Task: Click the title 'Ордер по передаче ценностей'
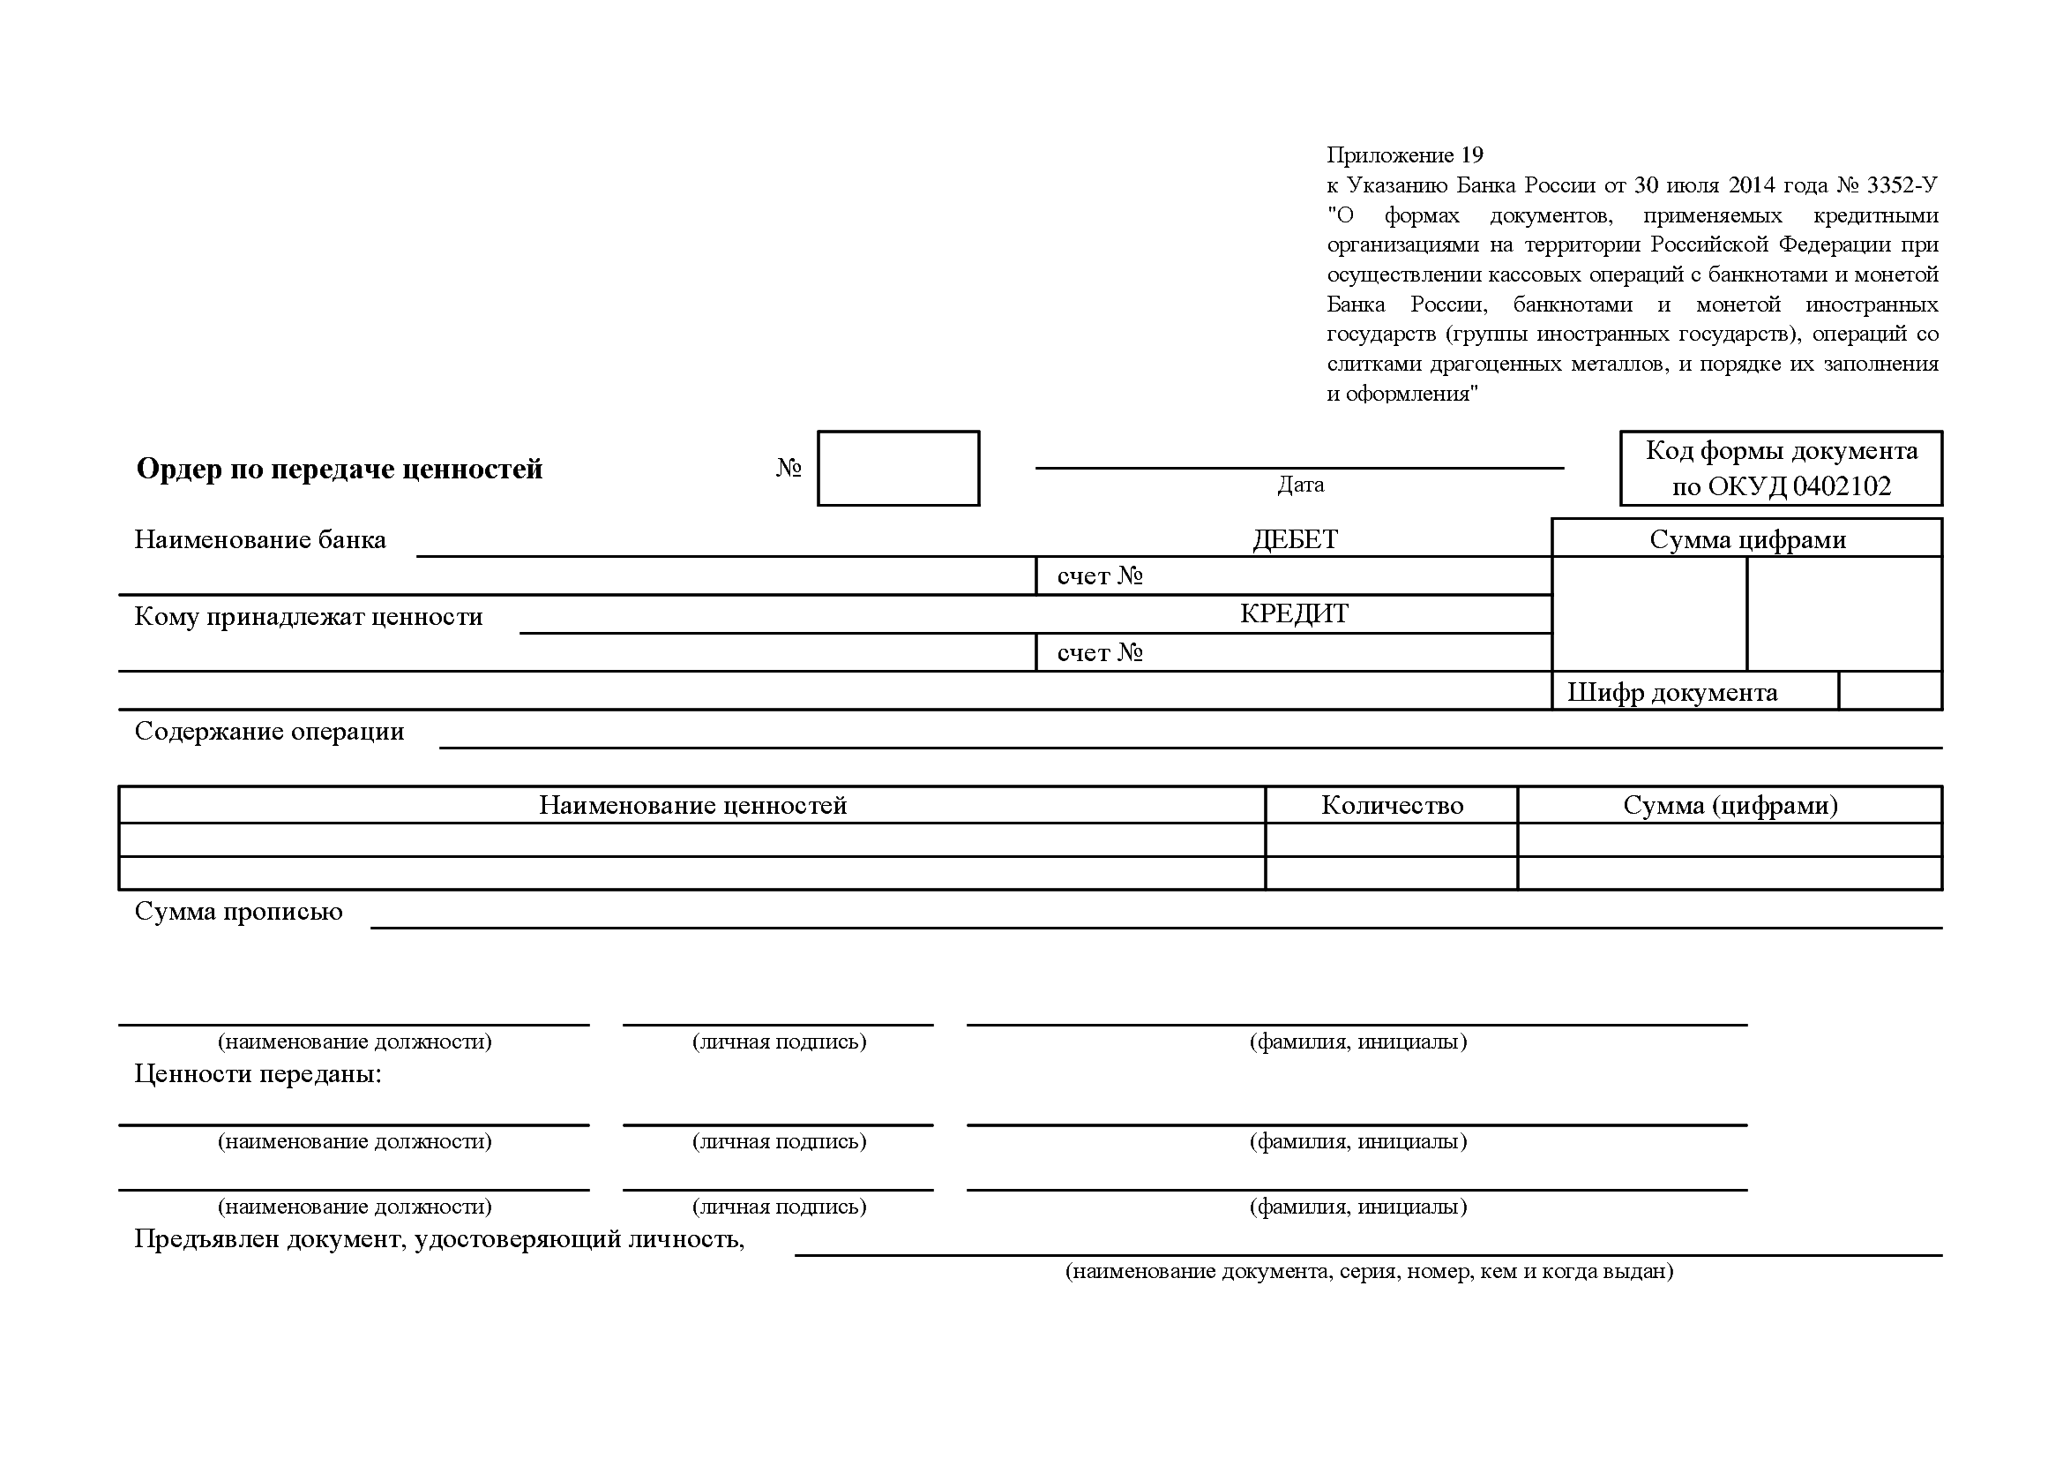[x=339, y=470]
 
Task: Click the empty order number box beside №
[x=898, y=469]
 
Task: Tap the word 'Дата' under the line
[x=1300, y=485]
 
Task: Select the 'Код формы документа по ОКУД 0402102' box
[x=1781, y=469]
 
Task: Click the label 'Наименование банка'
[x=259, y=539]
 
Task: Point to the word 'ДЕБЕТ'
[x=1295, y=539]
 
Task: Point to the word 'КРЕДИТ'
[x=1294, y=614]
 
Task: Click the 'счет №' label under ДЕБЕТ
[x=1100, y=576]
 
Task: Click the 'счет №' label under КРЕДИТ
[x=1100, y=652]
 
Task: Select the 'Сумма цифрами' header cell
[x=1747, y=539]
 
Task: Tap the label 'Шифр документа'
[x=1672, y=692]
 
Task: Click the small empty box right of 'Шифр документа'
[x=1889, y=691]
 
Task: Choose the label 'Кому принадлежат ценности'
[x=308, y=617]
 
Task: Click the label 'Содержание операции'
[x=269, y=732]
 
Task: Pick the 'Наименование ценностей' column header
[x=692, y=806]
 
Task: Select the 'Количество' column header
[x=1392, y=806]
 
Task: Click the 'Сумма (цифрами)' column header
[x=1730, y=806]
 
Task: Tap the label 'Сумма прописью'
[x=238, y=912]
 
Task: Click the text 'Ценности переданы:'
[x=258, y=1074]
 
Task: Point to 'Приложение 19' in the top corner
[x=1404, y=155]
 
